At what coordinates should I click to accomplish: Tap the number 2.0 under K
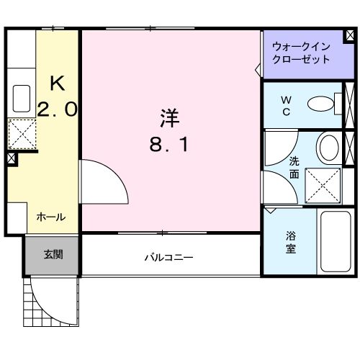click(x=57, y=109)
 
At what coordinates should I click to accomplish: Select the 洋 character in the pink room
click(x=169, y=116)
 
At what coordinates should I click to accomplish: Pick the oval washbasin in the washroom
click(x=328, y=148)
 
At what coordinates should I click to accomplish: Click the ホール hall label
click(x=51, y=217)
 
